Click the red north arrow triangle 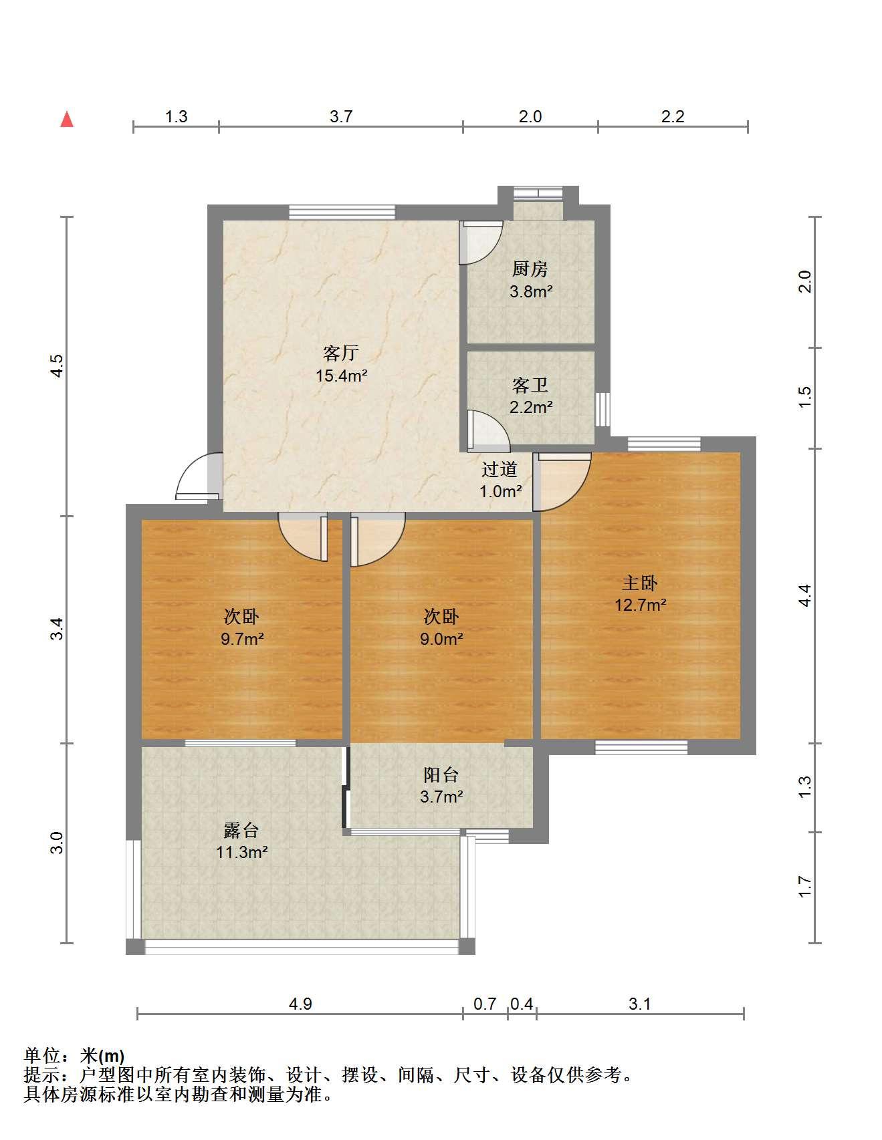click(67, 119)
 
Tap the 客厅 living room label click(341, 352)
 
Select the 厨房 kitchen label click(530, 269)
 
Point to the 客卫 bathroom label click(530, 385)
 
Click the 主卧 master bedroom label click(640, 583)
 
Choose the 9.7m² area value click(242, 639)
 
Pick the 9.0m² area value click(441, 639)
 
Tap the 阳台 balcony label click(441, 774)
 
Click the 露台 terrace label click(241, 830)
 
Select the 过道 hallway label click(500, 469)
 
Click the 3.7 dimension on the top click(341, 116)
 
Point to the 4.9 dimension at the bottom click(300, 1004)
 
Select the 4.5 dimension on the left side click(57, 366)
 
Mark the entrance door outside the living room click(197, 476)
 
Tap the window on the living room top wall click(342, 212)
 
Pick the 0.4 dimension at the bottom click(522, 1004)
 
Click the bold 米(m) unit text click(102, 1056)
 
